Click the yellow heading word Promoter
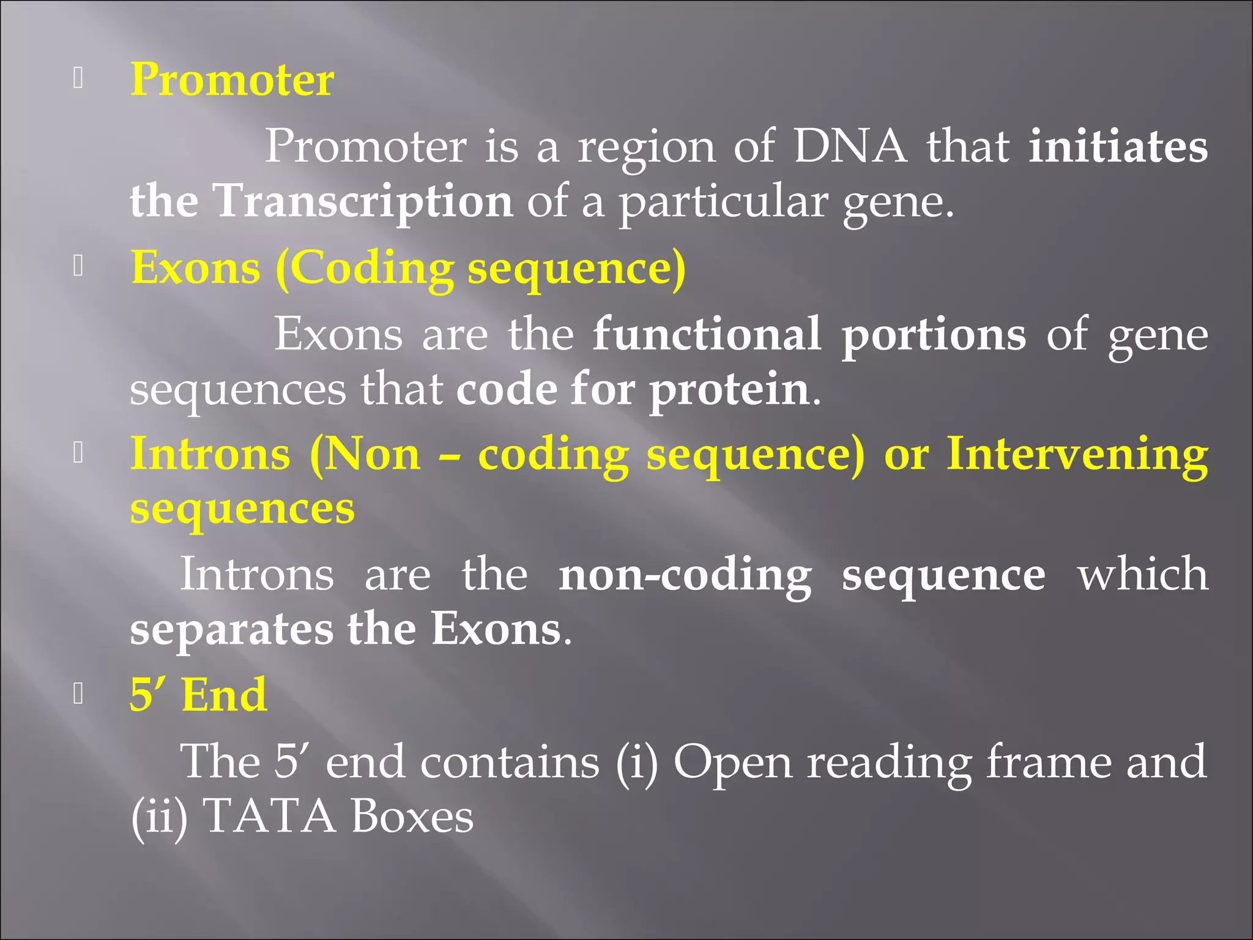[232, 80]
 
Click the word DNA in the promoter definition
[850, 147]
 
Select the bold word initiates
[1118, 147]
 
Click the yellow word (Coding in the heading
[365, 269]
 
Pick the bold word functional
[707, 335]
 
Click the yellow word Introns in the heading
[210, 455]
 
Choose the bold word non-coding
[685, 576]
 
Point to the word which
[1142, 575]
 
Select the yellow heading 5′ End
[198, 695]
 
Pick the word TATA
[269, 816]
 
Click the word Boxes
[412, 816]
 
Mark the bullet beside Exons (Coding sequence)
[78, 266]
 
